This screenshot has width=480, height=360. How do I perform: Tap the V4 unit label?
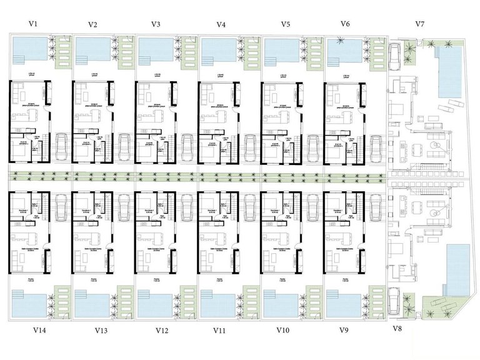point(221,25)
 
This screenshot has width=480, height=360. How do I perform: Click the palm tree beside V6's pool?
point(341,41)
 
